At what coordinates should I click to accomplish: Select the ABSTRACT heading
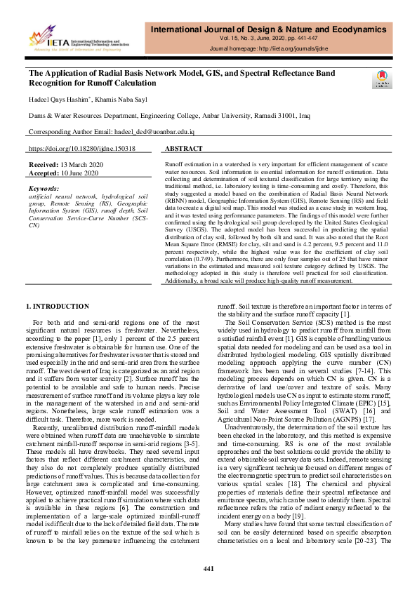184,149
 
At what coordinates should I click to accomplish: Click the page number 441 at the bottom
208,568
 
